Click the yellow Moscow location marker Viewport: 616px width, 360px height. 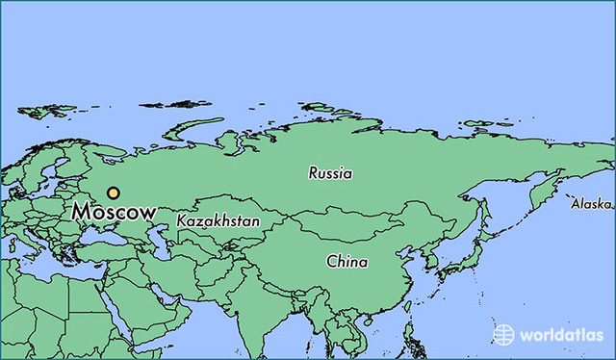(114, 193)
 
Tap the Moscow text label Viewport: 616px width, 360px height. (113, 213)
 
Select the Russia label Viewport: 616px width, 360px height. (330, 174)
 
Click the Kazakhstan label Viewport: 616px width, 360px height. (218, 221)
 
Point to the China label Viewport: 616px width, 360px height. (346, 261)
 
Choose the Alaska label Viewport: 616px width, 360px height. (590, 204)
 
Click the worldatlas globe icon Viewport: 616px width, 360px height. (503, 334)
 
